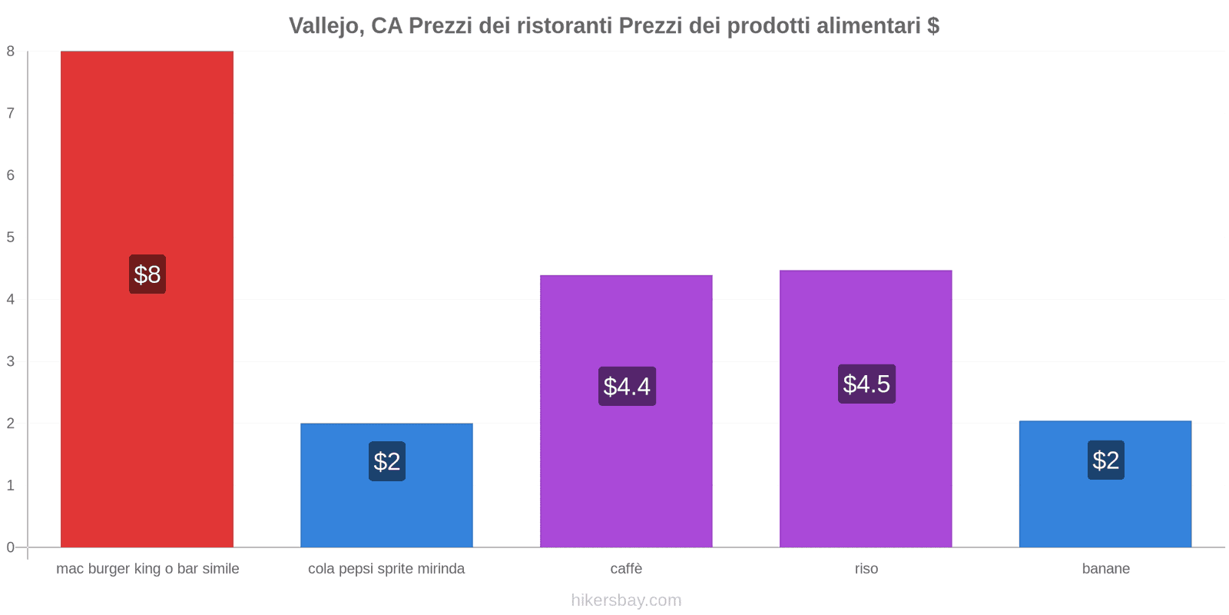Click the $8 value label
point(147,274)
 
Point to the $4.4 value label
point(627,386)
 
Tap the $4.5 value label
point(866,384)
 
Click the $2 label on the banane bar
point(1105,460)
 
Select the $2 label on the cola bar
point(387,461)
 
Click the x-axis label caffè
point(626,569)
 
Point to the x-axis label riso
point(866,569)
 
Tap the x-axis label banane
point(1105,569)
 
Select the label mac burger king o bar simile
point(147,569)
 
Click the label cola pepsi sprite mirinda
point(386,569)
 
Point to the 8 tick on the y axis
point(11,52)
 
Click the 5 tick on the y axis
point(11,238)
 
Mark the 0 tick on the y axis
point(11,547)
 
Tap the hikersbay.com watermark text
point(626,600)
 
